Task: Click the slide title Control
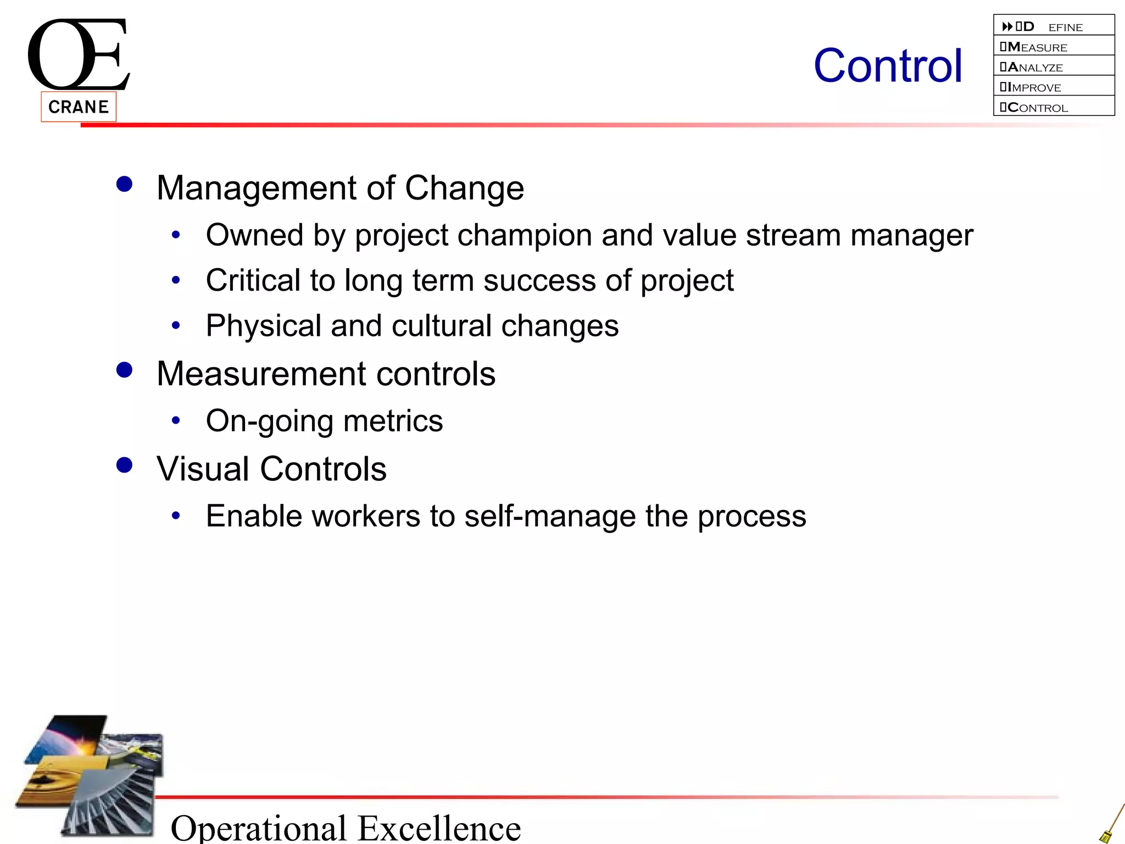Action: click(x=888, y=66)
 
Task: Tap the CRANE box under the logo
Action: click(x=79, y=107)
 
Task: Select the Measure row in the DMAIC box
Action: click(x=1053, y=47)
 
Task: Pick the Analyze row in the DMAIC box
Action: click(x=1053, y=67)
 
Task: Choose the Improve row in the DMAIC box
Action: click(x=1053, y=87)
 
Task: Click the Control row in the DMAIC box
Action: click(x=1053, y=107)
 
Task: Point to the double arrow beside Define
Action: click(x=1007, y=26)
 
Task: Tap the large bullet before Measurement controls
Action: click(x=125, y=370)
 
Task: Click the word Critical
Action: click(x=253, y=280)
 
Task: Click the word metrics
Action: click(x=393, y=421)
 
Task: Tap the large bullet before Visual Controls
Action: click(x=125, y=465)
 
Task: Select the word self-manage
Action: click(x=550, y=516)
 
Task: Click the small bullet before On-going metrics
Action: click(x=176, y=421)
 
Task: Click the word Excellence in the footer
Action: click(x=439, y=828)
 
